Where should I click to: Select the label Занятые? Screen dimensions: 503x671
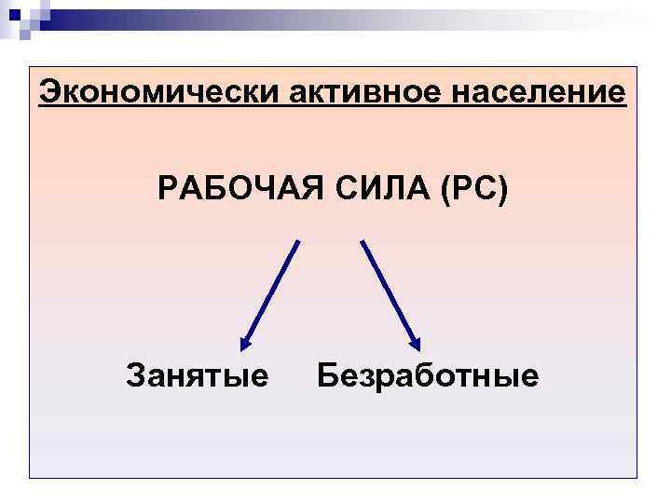coord(198,376)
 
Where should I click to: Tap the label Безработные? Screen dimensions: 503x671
coord(428,376)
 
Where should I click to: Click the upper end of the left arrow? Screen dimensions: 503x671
coord(298,242)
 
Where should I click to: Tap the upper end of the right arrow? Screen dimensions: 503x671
coord(363,242)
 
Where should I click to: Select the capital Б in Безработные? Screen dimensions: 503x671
coord(327,376)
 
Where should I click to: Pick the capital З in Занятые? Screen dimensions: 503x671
coord(135,376)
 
